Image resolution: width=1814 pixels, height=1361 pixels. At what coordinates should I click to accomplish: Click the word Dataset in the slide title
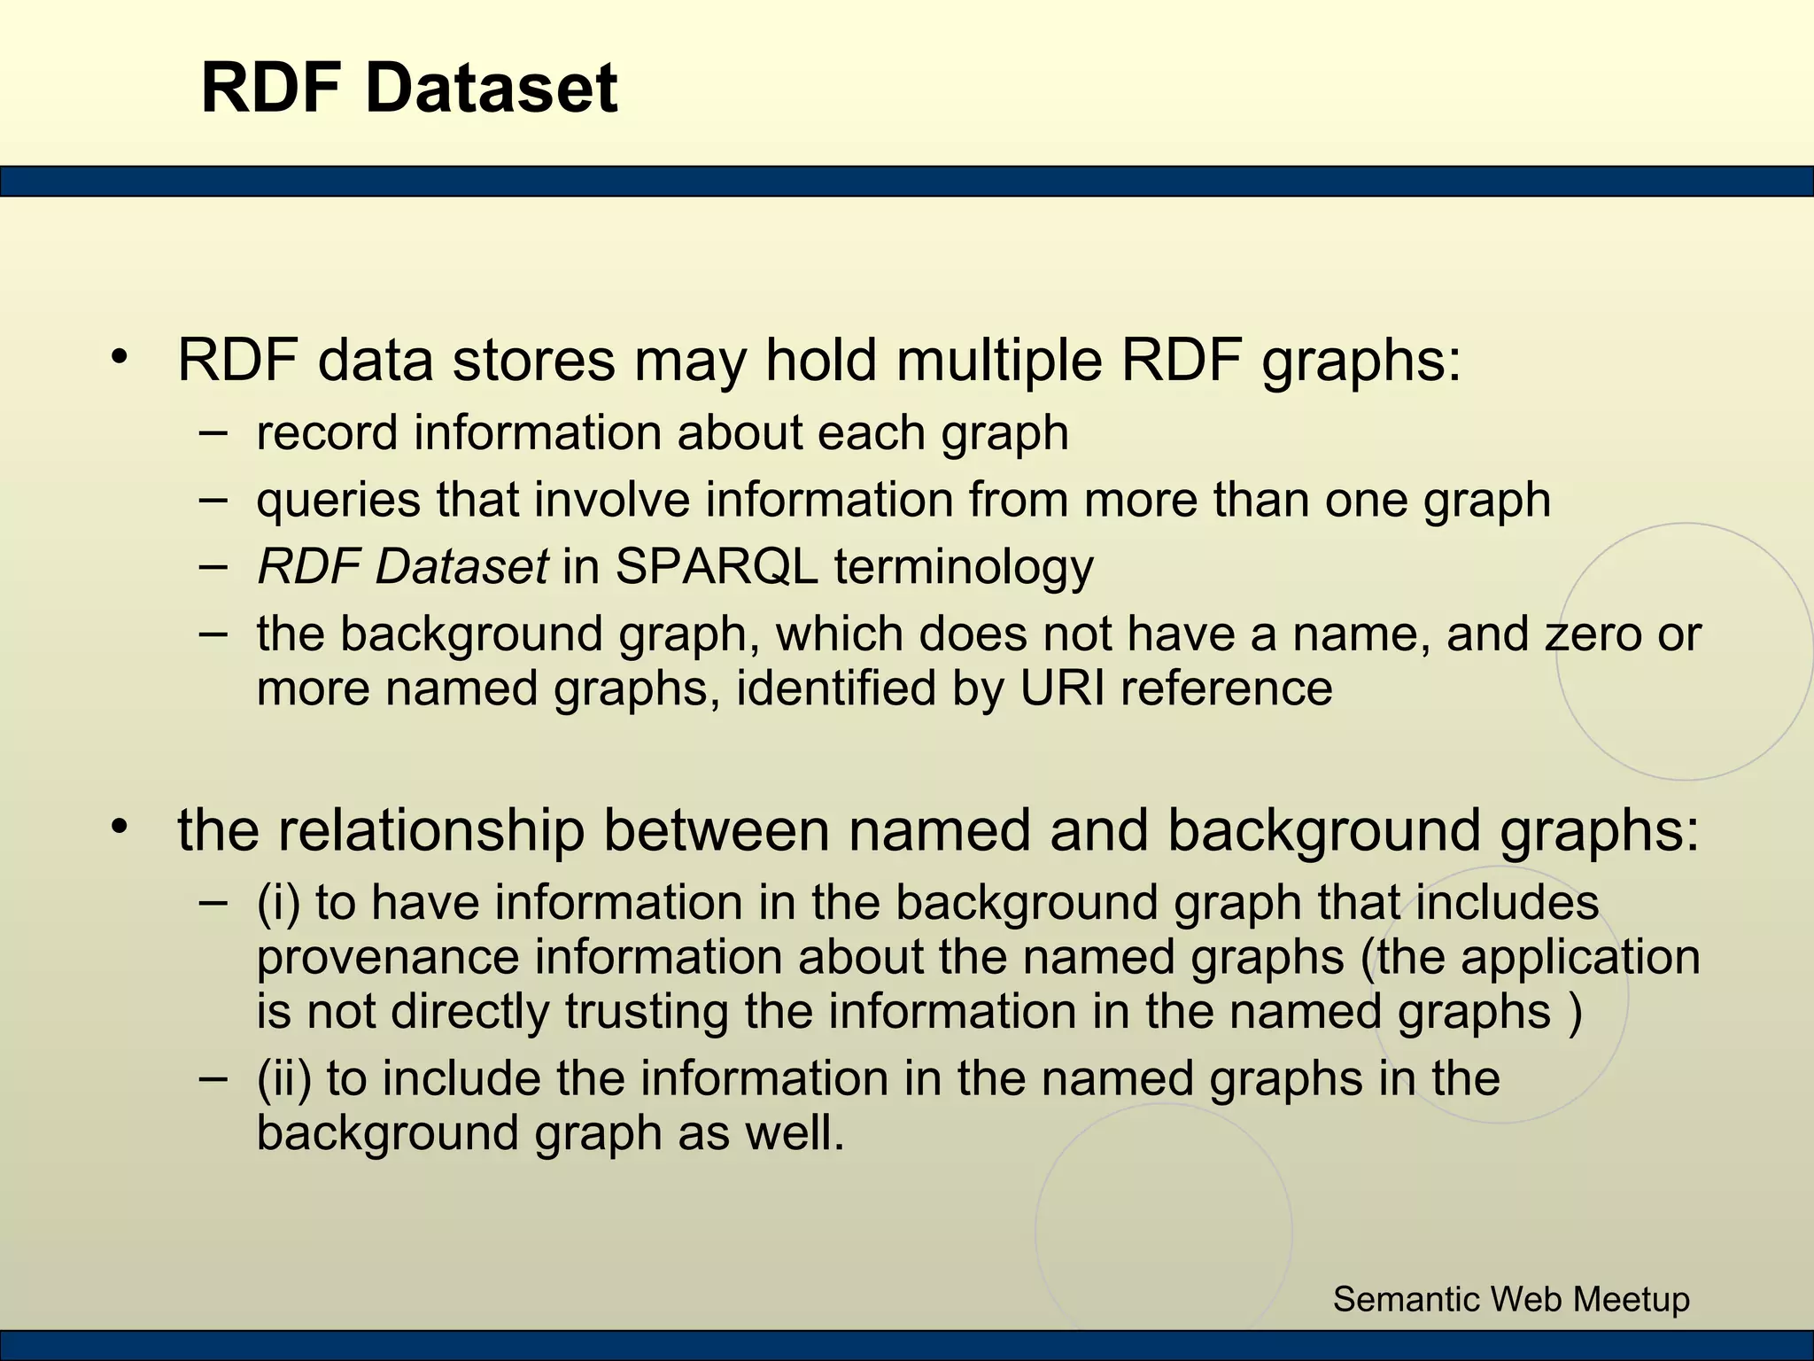pos(491,89)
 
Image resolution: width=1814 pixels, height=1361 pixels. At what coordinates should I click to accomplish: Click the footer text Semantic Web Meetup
pos(1511,1299)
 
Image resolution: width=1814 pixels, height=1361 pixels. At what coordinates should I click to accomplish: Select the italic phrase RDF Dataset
pos(402,567)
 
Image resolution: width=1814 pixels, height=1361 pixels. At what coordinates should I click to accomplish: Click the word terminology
pos(963,567)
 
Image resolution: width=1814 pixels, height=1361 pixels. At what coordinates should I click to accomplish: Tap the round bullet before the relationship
pos(120,828)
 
